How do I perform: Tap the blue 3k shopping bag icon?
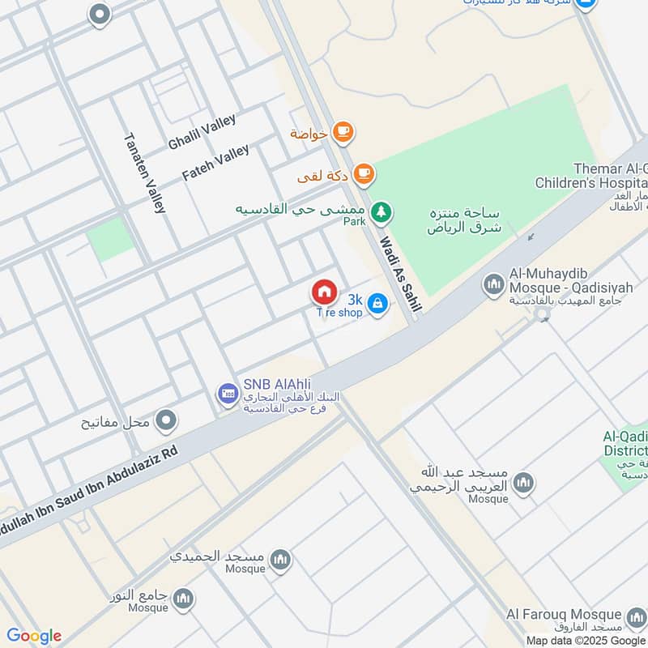pyautogui.click(x=377, y=304)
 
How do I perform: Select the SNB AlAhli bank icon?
pyautogui.click(x=228, y=394)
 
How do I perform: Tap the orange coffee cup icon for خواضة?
pyautogui.click(x=343, y=131)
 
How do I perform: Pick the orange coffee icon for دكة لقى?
pyautogui.click(x=364, y=172)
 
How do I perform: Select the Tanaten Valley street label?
pyautogui.click(x=144, y=173)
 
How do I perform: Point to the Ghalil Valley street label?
pyautogui.click(x=202, y=132)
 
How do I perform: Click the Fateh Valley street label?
pyautogui.click(x=215, y=162)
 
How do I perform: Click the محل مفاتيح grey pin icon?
pyautogui.click(x=166, y=420)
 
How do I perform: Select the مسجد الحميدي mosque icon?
pyautogui.click(x=280, y=559)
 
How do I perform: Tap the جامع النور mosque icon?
pyautogui.click(x=183, y=599)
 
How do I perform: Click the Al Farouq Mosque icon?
pyautogui.click(x=635, y=616)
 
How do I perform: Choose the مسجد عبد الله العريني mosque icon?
pyautogui.click(x=523, y=482)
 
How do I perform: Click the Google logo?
pyautogui.click(x=34, y=636)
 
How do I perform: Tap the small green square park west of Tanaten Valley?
pyautogui.click(x=110, y=240)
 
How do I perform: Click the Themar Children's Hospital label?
pyautogui.click(x=590, y=176)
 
